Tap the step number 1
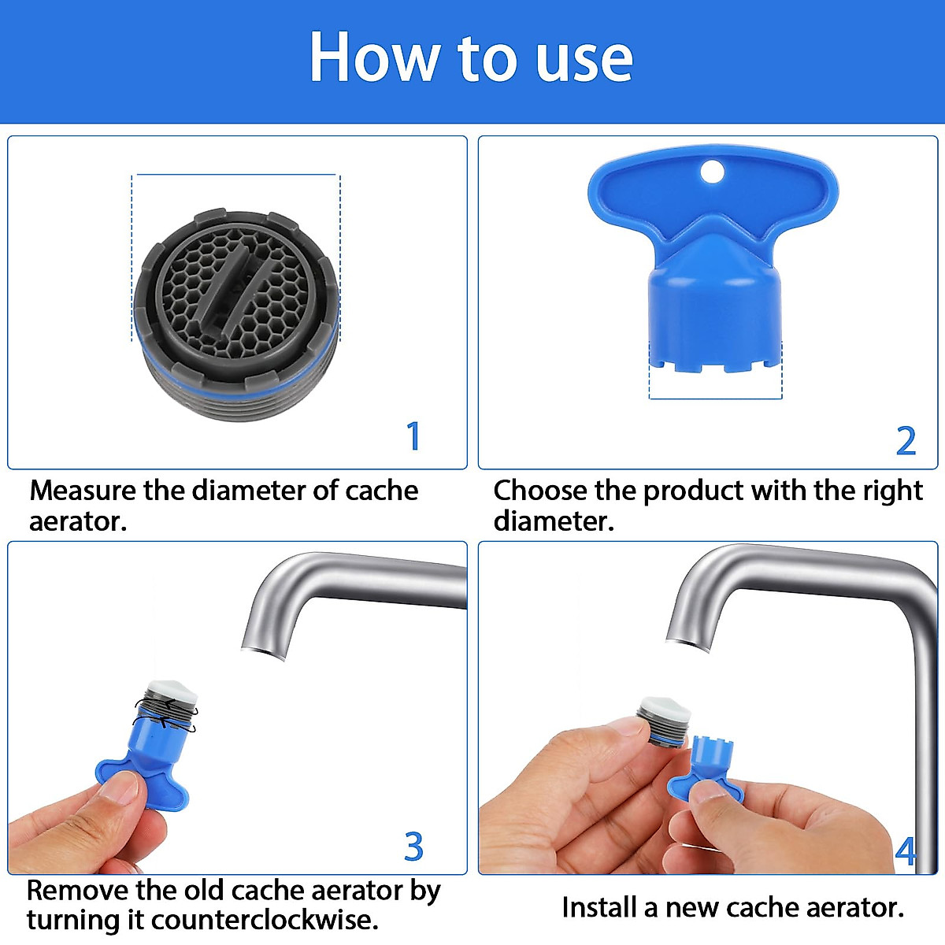[413, 436]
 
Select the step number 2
[906, 441]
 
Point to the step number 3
[413, 847]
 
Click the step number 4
[906, 851]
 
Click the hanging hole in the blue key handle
[712, 171]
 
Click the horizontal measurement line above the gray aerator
[236, 174]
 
